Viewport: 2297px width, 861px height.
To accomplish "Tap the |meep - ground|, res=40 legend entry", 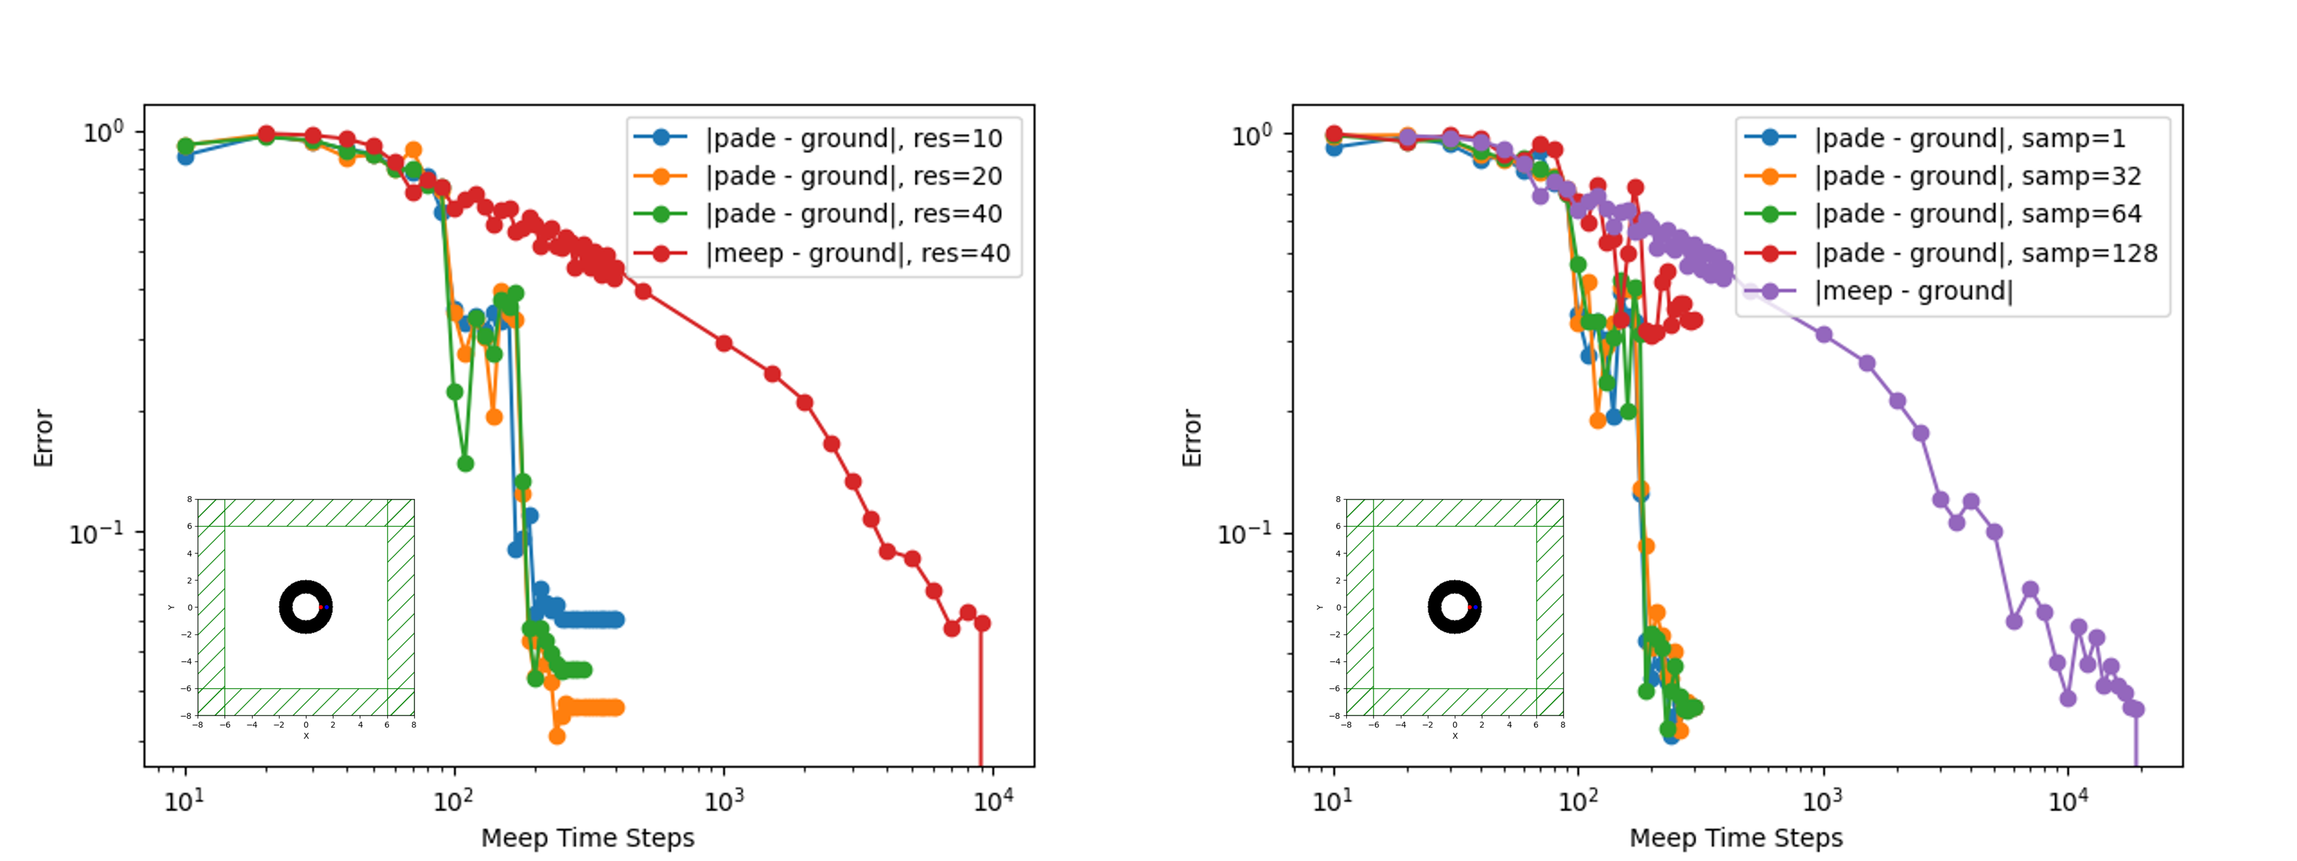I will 857,253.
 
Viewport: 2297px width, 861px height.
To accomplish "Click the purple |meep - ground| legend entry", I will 1913,291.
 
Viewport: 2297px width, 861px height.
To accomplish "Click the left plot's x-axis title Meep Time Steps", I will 588,838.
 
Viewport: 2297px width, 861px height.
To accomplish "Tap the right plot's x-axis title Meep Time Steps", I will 1735,838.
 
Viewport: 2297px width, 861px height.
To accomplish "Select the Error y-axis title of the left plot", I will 44,438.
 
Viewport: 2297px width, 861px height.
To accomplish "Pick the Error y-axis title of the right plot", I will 1192,438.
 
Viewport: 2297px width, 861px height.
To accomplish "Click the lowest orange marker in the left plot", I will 557,735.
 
